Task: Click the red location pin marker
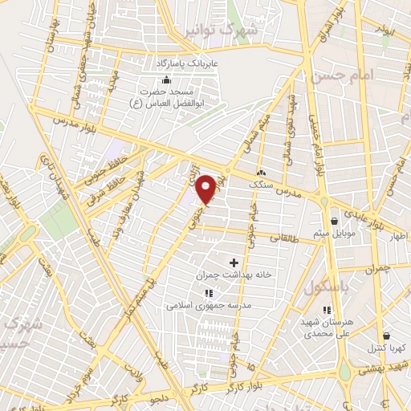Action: [206, 189]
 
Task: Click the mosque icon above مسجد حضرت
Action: [166, 79]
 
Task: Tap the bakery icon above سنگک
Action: [261, 173]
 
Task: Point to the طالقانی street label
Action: [287, 238]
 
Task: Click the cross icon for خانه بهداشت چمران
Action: [234, 262]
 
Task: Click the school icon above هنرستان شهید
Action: [326, 310]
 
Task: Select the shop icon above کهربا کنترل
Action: [386, 336]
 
